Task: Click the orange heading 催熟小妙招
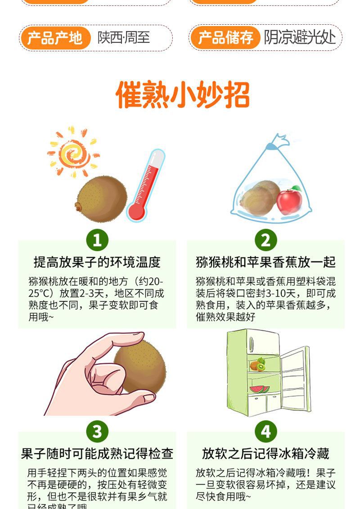(x=183, y=95)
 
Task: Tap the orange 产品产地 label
(x=54, y=38)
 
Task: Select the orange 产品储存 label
(x=225, y=38)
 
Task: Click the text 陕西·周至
(x=124, y=38)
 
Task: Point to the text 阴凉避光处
(x=300, y=38)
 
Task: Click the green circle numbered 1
(x=97, y=240)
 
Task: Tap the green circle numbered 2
(x=265, y=240)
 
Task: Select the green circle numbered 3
(x=97, y=432)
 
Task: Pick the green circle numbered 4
(x=265, y=432)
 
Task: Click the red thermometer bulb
(x=136, y=210)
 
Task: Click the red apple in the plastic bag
(x=289, y=201)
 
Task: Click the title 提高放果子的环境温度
(x=97, y=262)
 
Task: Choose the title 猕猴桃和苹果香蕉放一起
(x=265, y=262)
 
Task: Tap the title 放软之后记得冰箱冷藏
(x=265, y=454)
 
